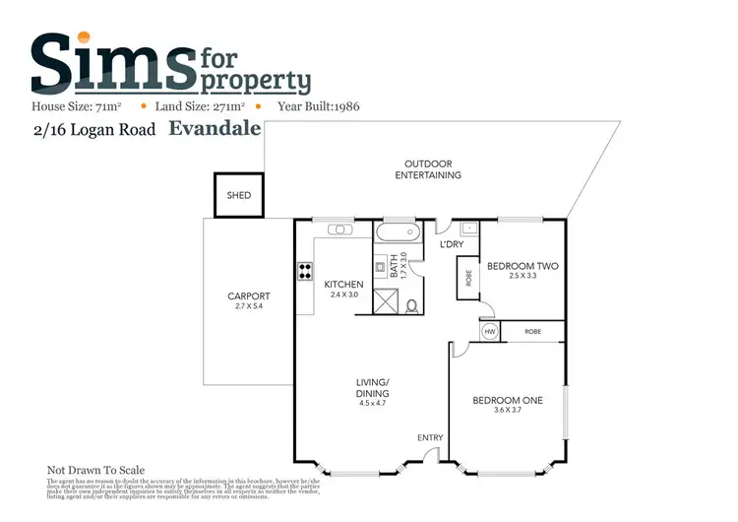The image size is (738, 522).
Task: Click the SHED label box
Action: pyautogui.click(x=239, y=195)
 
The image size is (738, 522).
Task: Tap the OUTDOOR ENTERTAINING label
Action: pyautogui.click(x=428, y=169)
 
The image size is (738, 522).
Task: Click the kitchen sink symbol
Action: pyautogui.click(x=339, y=229)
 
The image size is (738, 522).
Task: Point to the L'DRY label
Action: pyautogui.click(x=452, y=244)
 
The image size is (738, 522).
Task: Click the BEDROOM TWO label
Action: pyautogui.click(x=523, y=266)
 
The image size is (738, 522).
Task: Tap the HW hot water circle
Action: pyautogui.click(x=489, y=333)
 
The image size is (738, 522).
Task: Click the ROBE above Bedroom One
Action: pyautogui.click(x=532, y=333)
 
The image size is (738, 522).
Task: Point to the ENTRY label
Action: pyautogui.click(x=430, y=437)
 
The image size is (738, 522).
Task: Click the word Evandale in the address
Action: pyautogui.click(x=215, y=127)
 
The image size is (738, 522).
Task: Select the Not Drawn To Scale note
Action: pyautogui.click(x=96, y=470)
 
